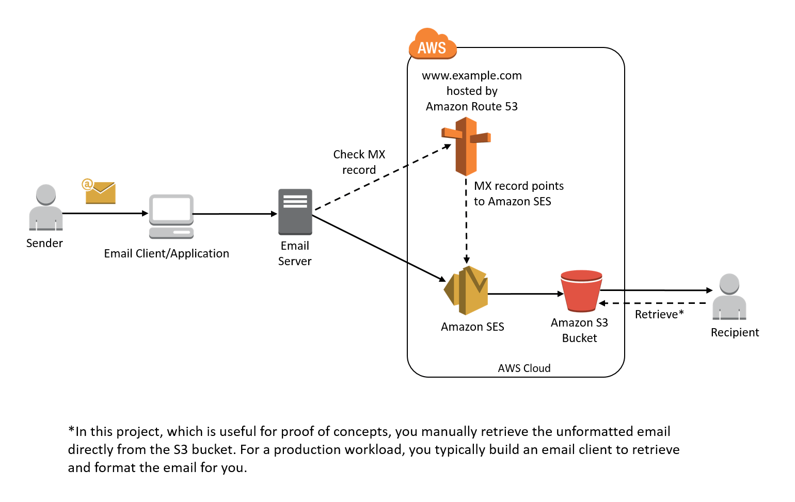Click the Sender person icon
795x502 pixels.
click(x=46, y=207)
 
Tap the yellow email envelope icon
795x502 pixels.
click(x=100, y=192)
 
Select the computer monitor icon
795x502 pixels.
click(x=171, y=216)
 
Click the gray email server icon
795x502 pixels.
click(x=295, y=212)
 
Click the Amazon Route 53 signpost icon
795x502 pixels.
click(x=466, y=146)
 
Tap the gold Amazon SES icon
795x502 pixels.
click(x=467, y=290)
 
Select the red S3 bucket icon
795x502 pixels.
click(x=581, y=291)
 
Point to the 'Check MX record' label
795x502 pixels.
click(x=359, y=162)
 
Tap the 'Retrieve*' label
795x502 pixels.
click(x=659, y=314)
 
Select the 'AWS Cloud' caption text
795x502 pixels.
click(x=524, y=368)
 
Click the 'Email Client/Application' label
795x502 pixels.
click(x=166, y=253)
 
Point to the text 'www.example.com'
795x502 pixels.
click(x=471, y=75)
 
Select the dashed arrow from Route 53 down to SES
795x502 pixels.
click(x=466, y=222)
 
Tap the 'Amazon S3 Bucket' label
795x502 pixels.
click(x=579, y=330)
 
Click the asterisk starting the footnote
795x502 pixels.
click(x=71, y=430)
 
